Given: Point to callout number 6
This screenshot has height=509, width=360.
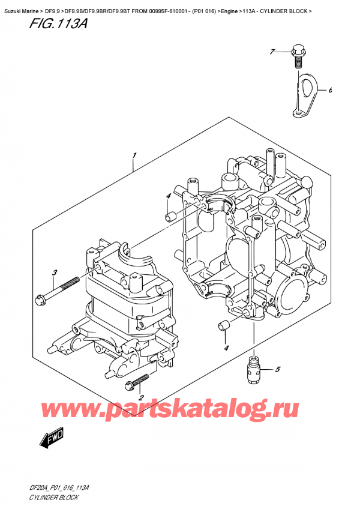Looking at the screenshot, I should pyautogui.click(x=329, y=91).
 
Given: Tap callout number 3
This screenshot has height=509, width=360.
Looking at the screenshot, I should pyautogui.click(x=54, y=274).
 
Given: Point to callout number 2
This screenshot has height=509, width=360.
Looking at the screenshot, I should pyautogui.click(x=140, y=397).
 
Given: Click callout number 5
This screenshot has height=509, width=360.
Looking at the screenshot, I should pyautogui.click(x=277, y=369).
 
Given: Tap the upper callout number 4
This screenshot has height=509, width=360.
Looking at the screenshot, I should pyautogui.click(x=169, y=196).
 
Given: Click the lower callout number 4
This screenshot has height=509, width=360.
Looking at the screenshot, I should pyautogui.click(x=226, y=348).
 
